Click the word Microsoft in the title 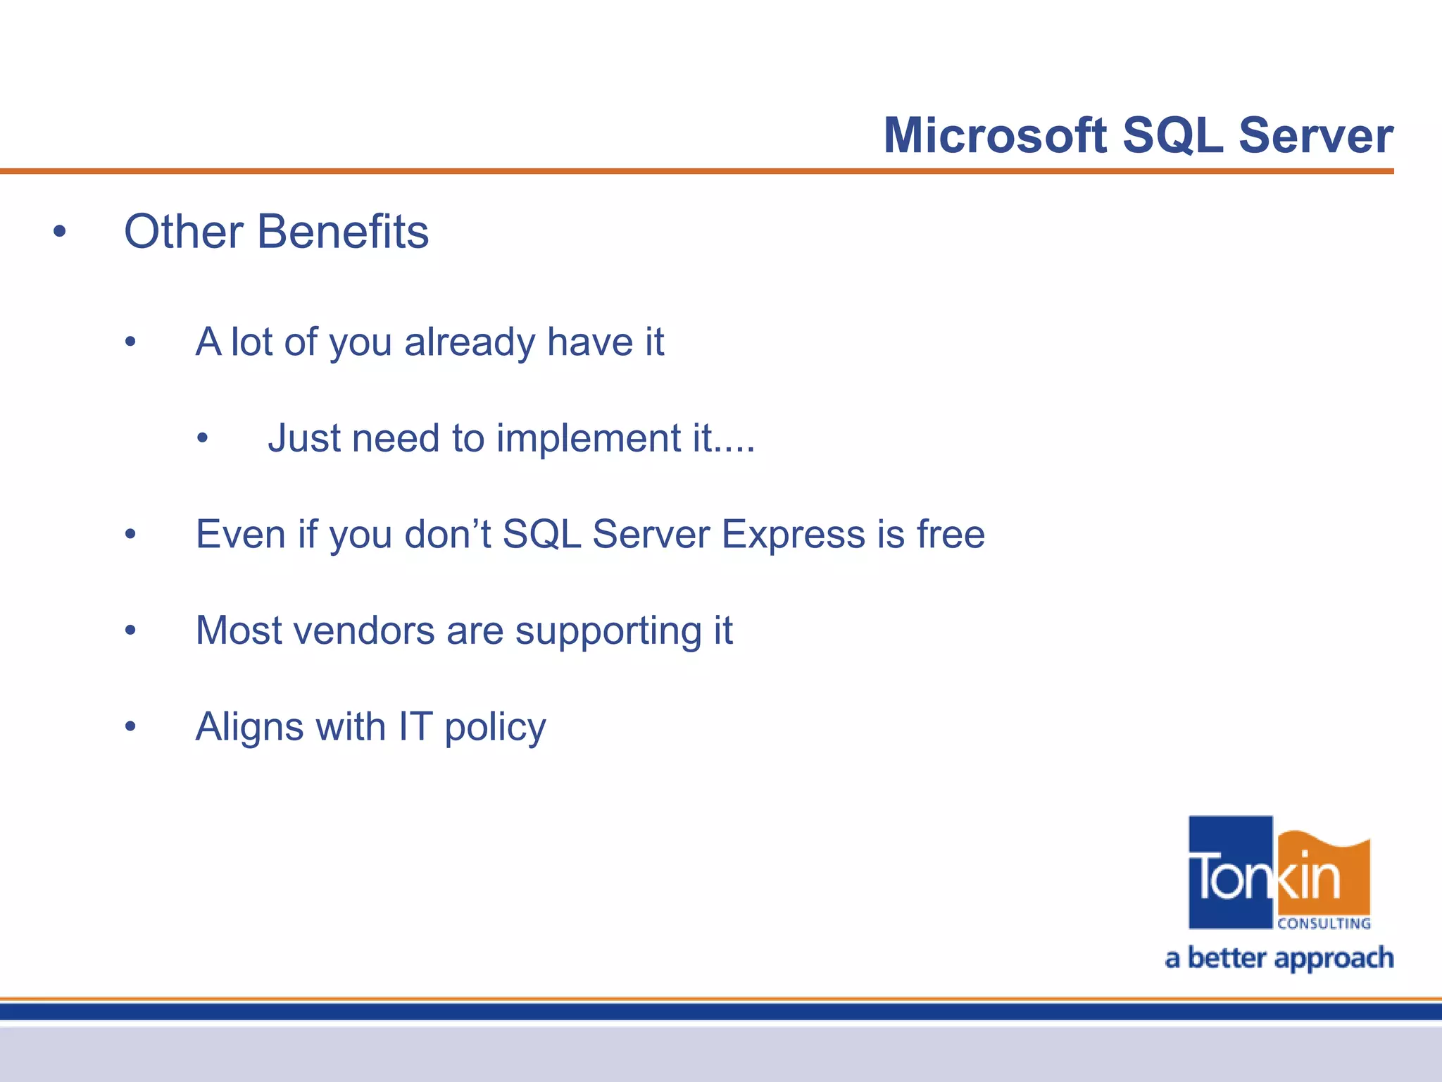coord(995,135)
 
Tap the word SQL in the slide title coord(1172,135)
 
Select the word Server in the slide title coord(1315,135)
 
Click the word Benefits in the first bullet coord(343,232)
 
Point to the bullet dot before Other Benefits coord(60,232)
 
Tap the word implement coord(587,438)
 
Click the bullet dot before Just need coord(203,439)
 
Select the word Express coord(793,534)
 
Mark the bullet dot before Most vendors coord(130,630)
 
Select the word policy coord(495,728)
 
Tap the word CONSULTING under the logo coord(1324,924)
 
